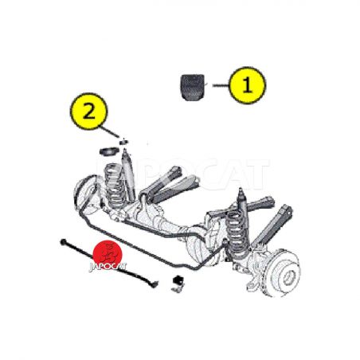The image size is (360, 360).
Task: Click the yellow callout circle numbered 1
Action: [x=247, y=85]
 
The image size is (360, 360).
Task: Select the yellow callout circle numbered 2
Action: [x=89, y=112]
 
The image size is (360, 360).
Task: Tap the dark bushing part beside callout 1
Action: [x=193, y=87]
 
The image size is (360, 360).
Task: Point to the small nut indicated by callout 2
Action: [x=123, y=142]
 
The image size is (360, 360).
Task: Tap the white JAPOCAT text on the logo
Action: [x=108, y=267]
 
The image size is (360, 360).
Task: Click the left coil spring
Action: [x=115, y=185]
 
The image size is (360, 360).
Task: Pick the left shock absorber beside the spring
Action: [x=127, y=174]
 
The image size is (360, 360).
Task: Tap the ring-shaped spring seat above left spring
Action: [x=109, y=152]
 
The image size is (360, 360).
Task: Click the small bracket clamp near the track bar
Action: [x=178, y=284]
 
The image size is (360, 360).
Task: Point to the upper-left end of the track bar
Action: [x=63, y=241]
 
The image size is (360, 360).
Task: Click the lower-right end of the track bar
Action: [x=155, y=284]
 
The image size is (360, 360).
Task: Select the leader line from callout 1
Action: [x=221, y=85]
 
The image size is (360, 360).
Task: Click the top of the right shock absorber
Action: [x=241, y=190]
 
